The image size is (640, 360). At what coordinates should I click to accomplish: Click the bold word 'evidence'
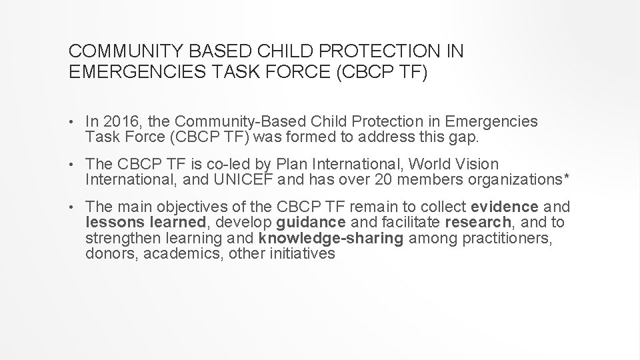[509, 206]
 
